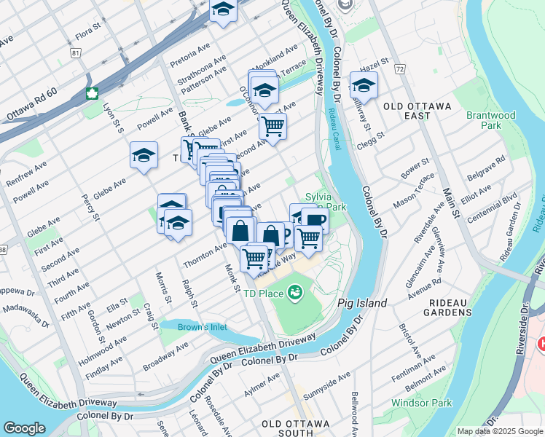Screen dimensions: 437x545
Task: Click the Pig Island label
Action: [x=362, y=302]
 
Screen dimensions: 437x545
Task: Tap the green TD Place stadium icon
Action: [x=295, y=293]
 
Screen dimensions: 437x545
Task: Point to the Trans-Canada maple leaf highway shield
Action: [x=93, y=93]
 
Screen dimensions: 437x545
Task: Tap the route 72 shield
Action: [x=399, y=68]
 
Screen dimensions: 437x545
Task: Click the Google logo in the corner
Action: [x=24, y=428]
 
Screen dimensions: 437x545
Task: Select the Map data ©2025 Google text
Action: [x=499, y=431]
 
